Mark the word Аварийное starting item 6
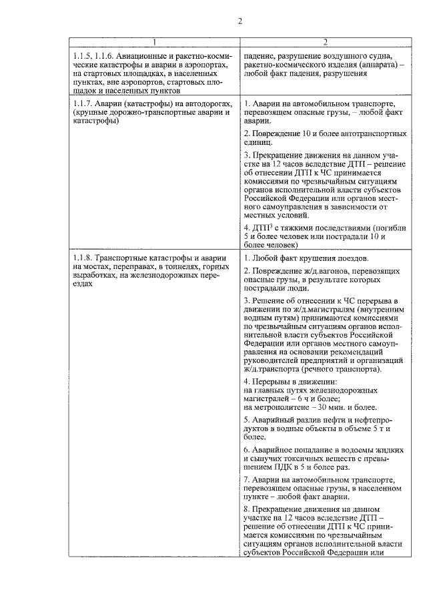pyautogui.click(x=275, y=450)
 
